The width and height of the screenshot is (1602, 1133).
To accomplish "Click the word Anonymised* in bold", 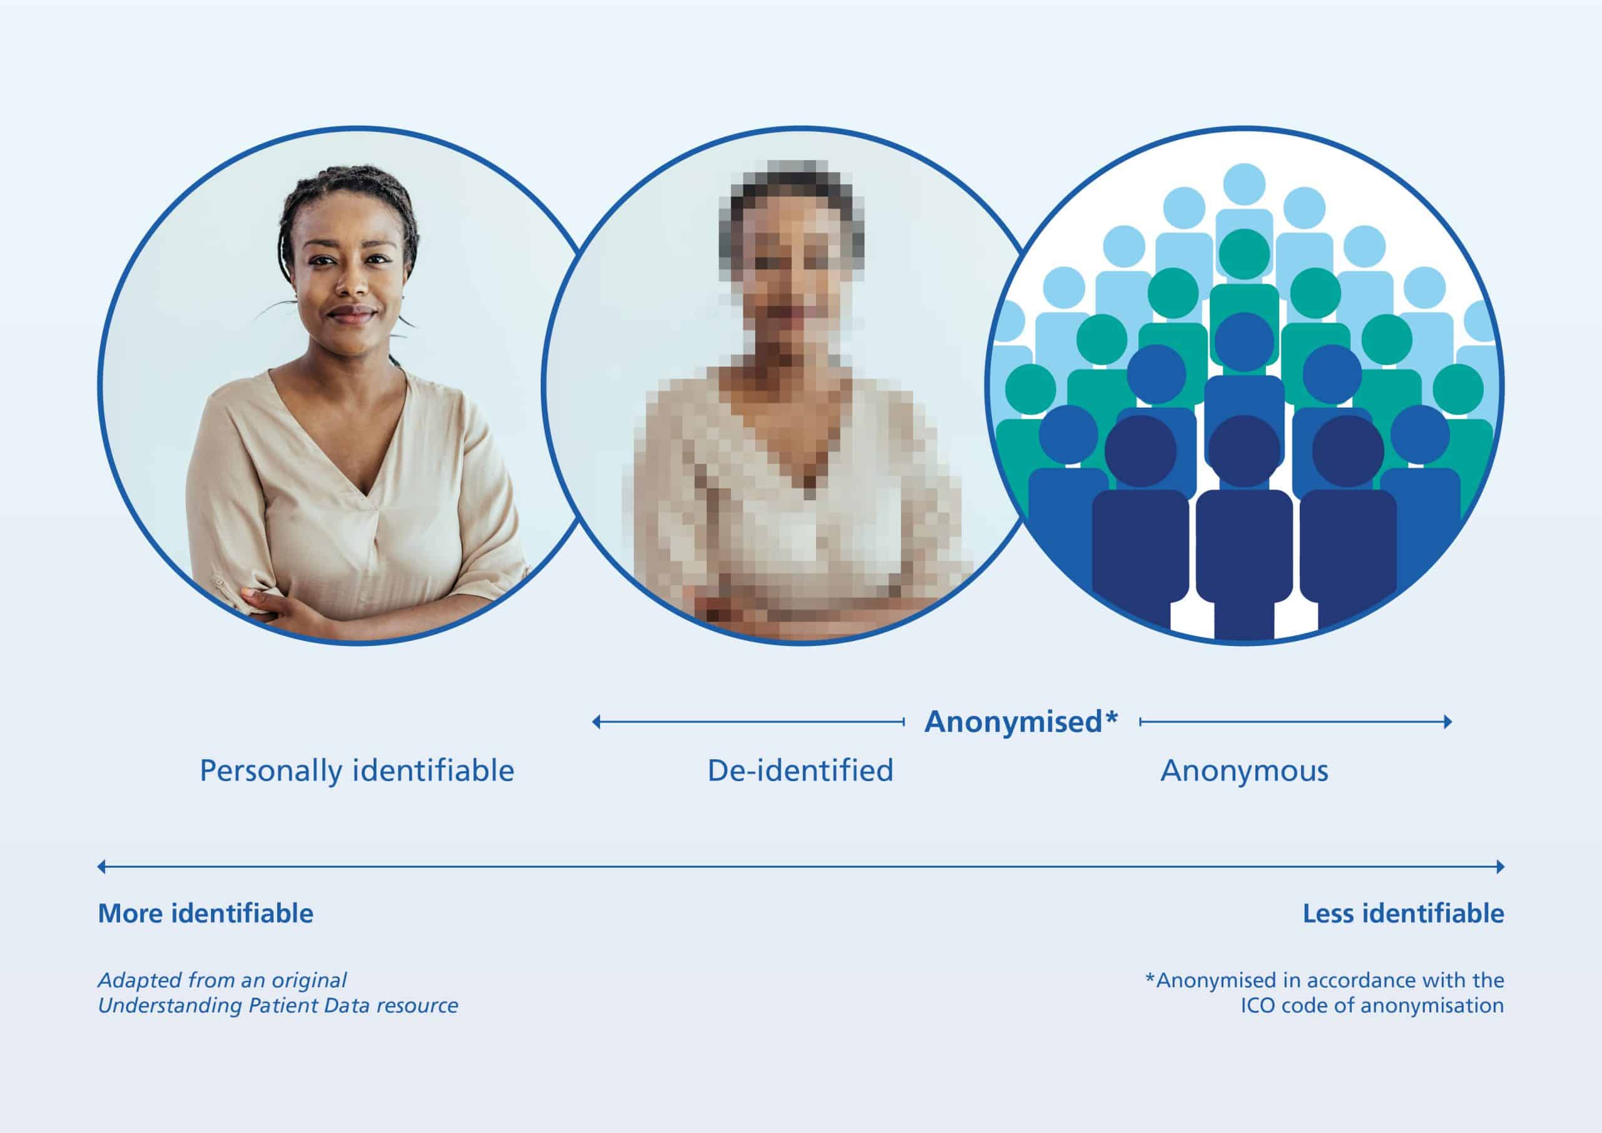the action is [1021, 722].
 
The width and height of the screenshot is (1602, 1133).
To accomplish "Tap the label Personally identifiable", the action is [357, 771].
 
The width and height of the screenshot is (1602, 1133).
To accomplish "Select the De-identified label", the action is [800, 771].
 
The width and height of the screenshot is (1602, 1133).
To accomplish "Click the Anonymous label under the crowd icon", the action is [1244, 771].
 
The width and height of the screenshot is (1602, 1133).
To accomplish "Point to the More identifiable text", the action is [206, 913].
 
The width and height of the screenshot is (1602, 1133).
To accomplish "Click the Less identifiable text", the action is [1403, 913].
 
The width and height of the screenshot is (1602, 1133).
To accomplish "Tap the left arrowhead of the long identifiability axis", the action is [102, 867].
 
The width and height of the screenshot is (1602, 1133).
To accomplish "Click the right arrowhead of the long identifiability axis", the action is [1500, 867].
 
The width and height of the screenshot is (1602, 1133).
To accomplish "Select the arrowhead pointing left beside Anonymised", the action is [596, 722].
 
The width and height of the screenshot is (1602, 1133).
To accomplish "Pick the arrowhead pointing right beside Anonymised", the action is [1448, 722].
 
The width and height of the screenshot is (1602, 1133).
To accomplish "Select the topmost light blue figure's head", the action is [1244, 184].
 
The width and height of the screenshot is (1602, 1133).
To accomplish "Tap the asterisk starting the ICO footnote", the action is [1150, 977].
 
